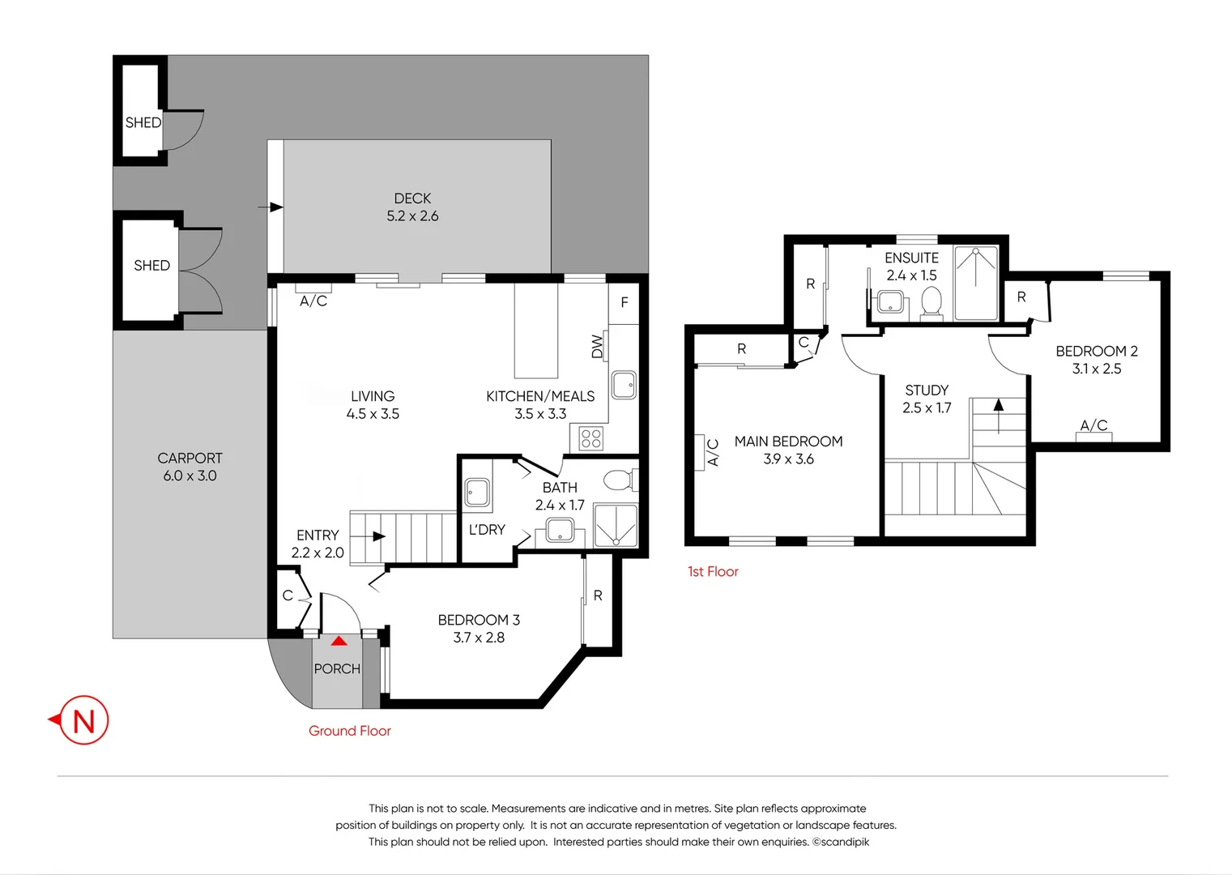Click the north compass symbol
click(x=83, y=719)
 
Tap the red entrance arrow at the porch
click(x=339, y=641)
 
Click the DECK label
click(x=412, y=198)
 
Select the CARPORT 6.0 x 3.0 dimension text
click(x=190, y=476)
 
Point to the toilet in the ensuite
click(x=931, y=304)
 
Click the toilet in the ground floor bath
click(x=620, y=480)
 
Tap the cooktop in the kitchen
click(x=591, y=438)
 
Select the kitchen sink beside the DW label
click(x=624, y=384)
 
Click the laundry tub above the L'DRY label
click(x=476, y=492)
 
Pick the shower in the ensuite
click(x=976, y=284)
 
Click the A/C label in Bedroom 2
click(x=1093, y=425)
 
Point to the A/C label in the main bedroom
click(x=713, y=452)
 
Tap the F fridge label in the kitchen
click(x=624, y=302)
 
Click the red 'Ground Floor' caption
click(x=349, y=731)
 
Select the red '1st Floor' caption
click(x=713, y=571)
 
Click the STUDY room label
click(x=927, y=391)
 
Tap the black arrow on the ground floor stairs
click(x=378, y=536)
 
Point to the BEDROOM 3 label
click(x=479, y=620)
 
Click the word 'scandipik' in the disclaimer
click(x=845, y=842)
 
